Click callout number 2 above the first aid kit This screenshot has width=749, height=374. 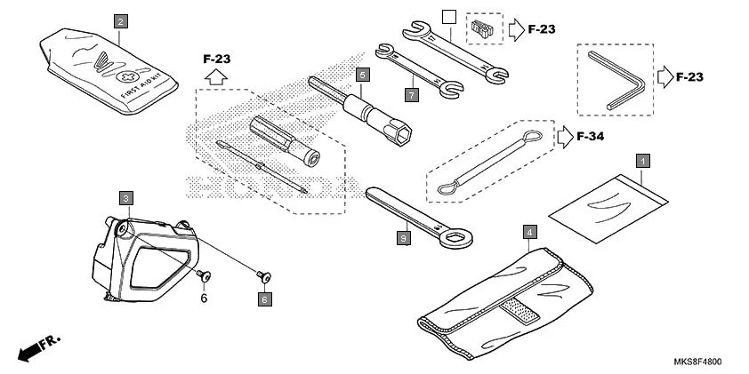pos(121,19)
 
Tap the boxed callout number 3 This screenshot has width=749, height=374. pos(127,197)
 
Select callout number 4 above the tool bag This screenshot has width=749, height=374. pos(530,233)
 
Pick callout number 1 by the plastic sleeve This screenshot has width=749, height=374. pos(641,161)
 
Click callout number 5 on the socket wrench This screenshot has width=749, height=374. pos(362,75)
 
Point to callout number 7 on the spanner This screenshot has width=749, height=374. pos(412,92)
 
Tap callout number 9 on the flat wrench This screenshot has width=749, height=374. pos(404,237)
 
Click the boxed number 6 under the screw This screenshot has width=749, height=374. pos(265,300)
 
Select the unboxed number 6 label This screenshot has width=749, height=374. pos(203,298)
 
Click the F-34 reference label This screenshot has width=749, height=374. pos(591,137)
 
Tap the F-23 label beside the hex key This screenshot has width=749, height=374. pos(689,77)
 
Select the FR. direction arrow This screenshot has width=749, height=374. pos(31,349)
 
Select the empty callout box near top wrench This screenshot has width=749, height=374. pos(449,17)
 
